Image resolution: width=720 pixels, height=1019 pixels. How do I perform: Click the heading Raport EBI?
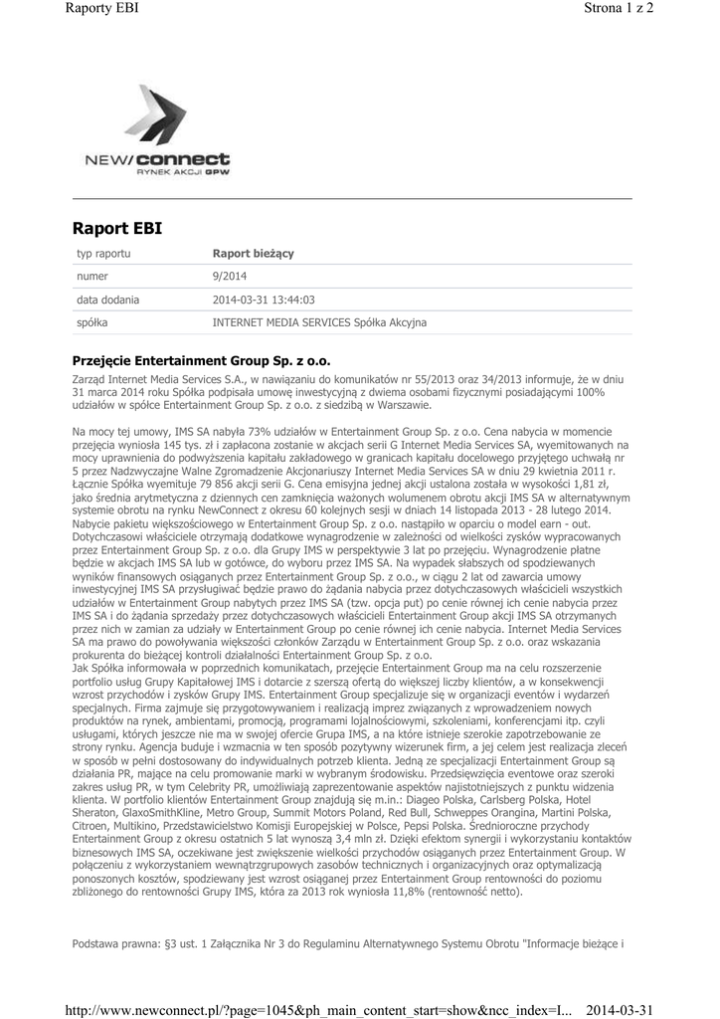tap(117, 229)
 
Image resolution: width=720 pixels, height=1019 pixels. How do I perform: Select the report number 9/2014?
tap(230, 277)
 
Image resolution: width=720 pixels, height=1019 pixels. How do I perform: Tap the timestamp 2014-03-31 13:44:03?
tap(264, 300)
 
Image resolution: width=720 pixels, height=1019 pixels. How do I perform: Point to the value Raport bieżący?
tap(253, 254)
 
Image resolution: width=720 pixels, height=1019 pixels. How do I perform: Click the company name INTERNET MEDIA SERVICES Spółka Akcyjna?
tap(319, 323)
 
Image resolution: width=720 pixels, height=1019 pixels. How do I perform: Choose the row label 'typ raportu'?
tap(103, 254)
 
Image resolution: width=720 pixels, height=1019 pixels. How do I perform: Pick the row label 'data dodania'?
tap(108, 300)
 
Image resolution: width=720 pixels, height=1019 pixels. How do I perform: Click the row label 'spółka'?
tap(92, 323)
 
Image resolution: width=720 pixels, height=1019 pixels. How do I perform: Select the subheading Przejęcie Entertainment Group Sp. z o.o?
tap(201, 361)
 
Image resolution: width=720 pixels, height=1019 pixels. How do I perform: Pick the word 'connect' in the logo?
tap(183, 158)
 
